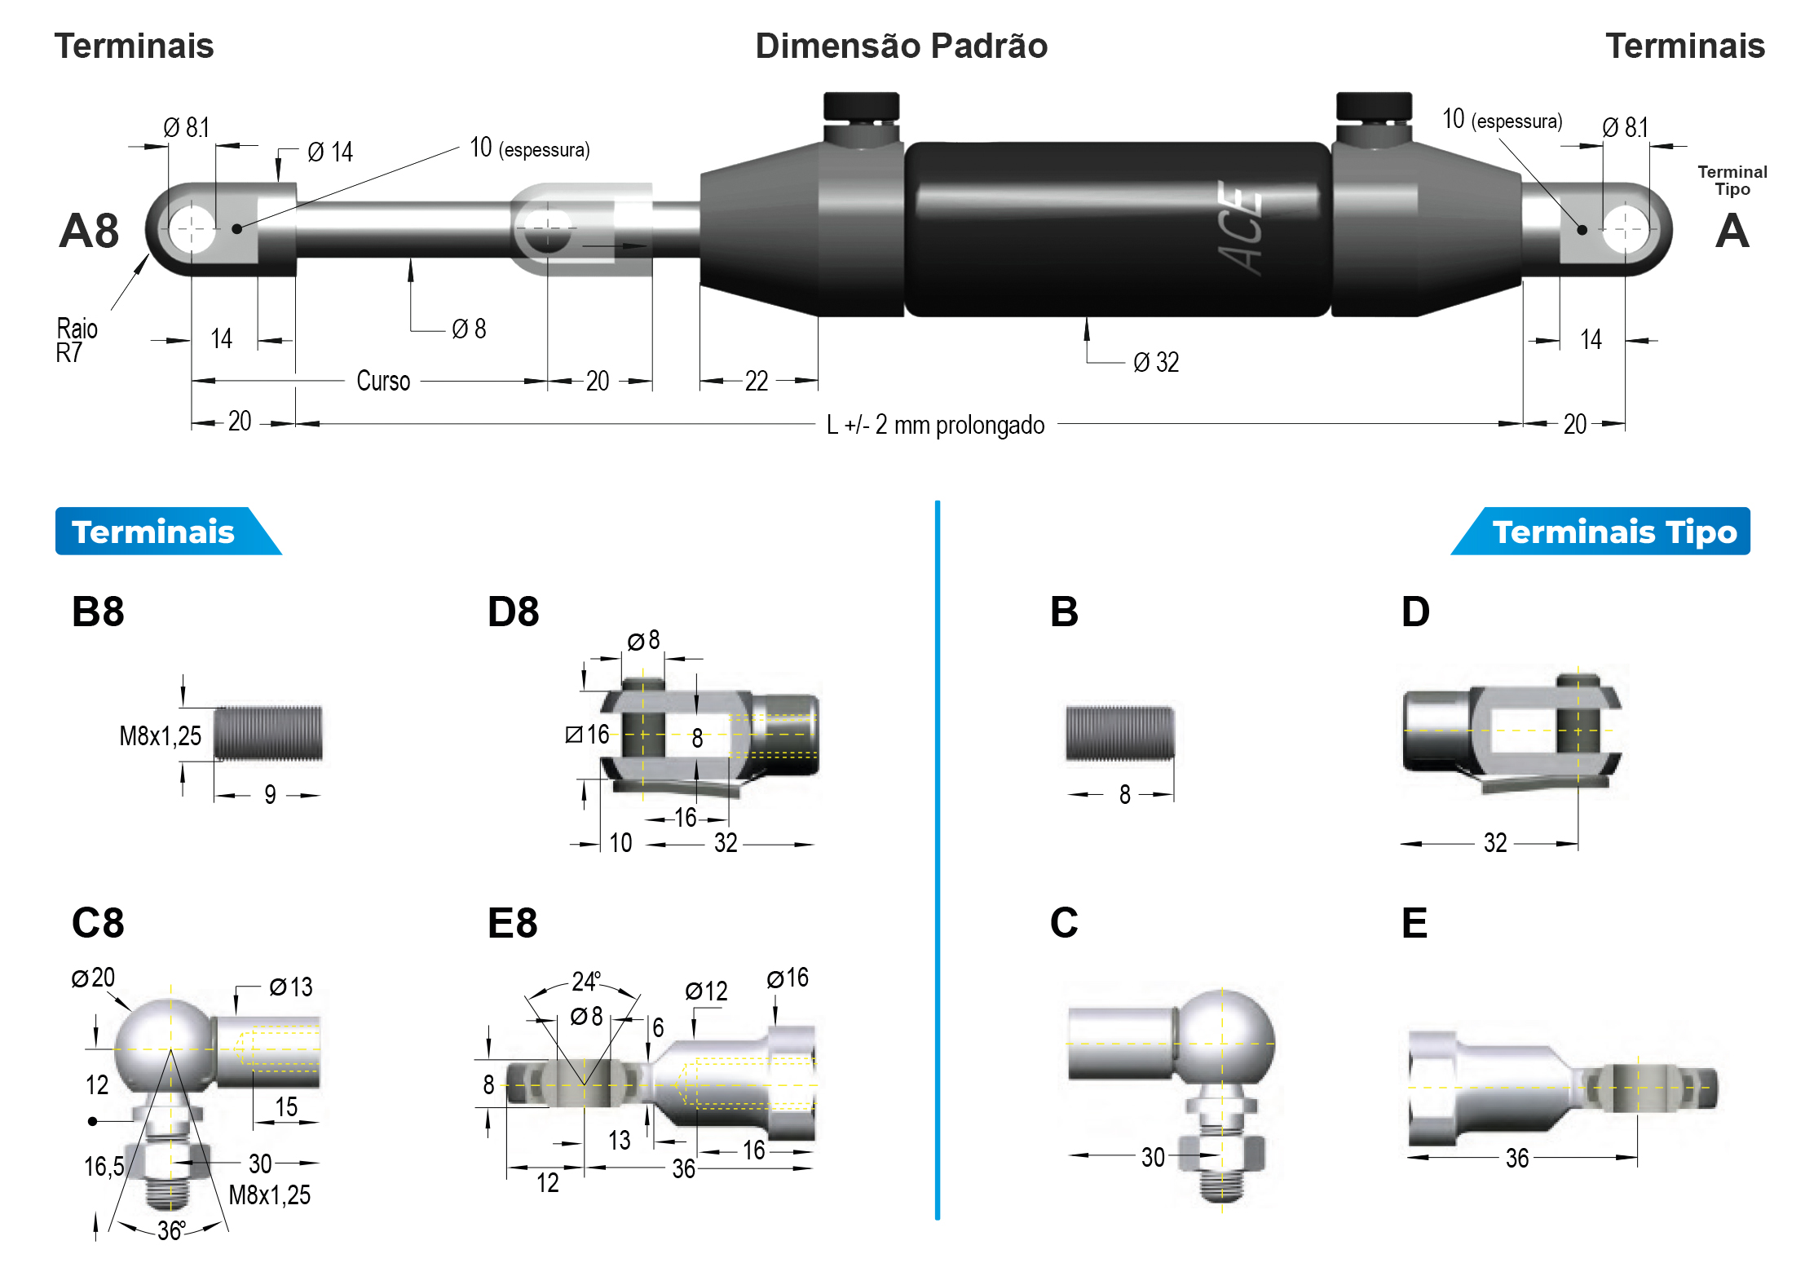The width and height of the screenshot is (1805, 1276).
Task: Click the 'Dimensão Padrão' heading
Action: (901, 46)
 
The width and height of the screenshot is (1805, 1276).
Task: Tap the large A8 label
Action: (89, 231)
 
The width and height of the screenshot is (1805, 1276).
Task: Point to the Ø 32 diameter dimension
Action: (1156, 362)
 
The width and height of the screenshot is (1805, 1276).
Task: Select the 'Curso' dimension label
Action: (382, 381)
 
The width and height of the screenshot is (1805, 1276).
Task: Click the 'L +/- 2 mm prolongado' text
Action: (935, 425)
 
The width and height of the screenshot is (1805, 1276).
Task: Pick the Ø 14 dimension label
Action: (330, 152)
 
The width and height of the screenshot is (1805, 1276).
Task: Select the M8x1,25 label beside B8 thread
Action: (160, 736)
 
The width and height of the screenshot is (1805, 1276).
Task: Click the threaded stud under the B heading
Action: (1120, 733)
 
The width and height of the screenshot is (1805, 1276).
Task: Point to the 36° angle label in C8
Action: (171, 1230)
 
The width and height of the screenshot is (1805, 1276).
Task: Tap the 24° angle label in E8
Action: (586, 981)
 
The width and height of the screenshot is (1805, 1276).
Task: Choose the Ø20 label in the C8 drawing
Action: (93, 978)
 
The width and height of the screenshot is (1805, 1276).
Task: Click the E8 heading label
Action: (512, 924)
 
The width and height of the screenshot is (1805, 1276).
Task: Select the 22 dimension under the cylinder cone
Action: (757, 381)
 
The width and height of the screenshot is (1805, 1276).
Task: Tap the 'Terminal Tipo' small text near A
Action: (1732, 180)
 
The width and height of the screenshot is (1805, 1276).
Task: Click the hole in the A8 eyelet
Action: (192, 229)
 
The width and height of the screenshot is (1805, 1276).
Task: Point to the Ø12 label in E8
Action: (706, 991)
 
